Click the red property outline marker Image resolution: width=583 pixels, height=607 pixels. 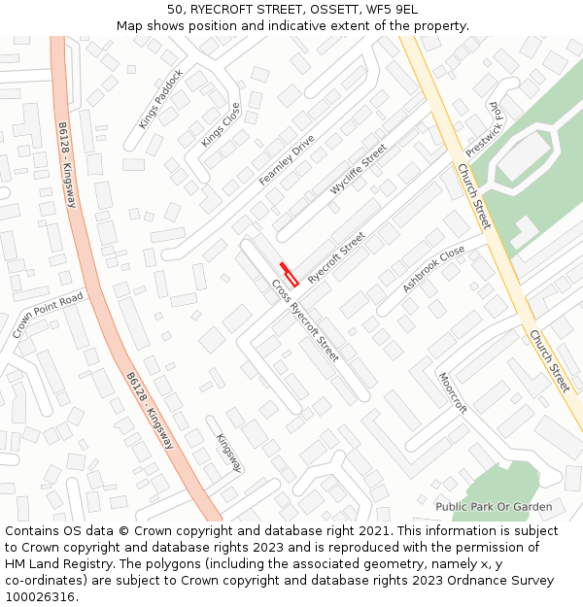click(x=289, y=272)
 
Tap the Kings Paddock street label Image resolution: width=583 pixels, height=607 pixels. click(x=160, y=99)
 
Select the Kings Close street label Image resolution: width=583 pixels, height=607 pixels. click(x=220, y=125)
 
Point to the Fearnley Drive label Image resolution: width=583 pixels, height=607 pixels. click(x=287, y=160)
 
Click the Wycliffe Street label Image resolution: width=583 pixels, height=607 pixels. click(x=358, y=169)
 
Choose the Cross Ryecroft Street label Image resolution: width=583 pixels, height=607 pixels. click(x=305, y=320)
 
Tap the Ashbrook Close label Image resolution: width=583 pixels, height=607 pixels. click(x=433, y=269)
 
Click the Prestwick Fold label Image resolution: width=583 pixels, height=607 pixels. click(x=486, y=129)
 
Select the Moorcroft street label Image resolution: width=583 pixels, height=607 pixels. click(x=453, y=393)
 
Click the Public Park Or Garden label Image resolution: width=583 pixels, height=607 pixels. click(x=494, y=507)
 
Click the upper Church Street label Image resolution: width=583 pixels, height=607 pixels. click(x=474, y=196)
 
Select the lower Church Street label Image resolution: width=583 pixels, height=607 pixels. click(x=548, y=360)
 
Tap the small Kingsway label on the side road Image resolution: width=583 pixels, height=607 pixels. click(x=228, y=454)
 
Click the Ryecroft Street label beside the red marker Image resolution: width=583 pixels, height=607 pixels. click(x=336, y=257)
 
